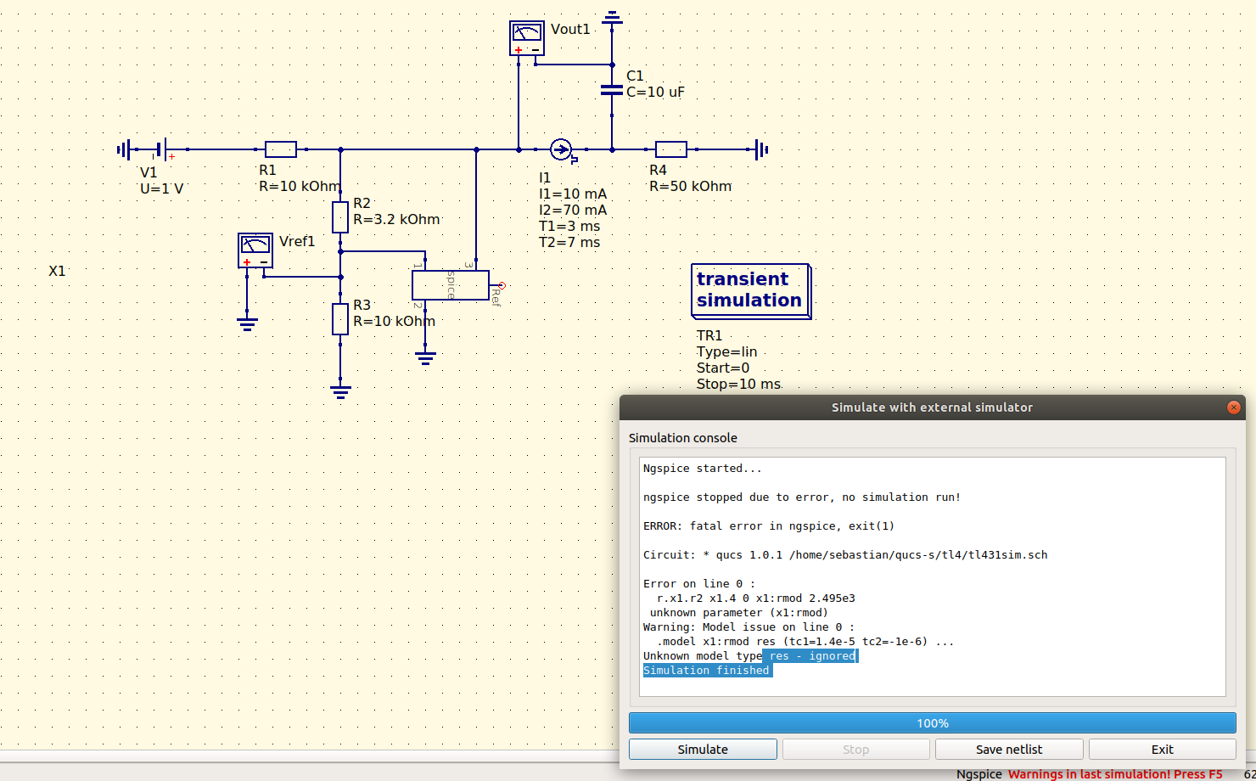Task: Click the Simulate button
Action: click(x=702, y=750)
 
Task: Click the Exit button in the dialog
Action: click(x=1162, y=750)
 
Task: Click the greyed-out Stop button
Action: click(x=855, y=750)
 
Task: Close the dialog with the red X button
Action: click(x=1233, y=407)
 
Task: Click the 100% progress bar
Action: click(x=932, y=723)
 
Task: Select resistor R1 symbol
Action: click(x=281, y=149)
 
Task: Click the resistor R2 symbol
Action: click(x=340, y=217)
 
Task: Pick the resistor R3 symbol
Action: click(x=340, y=318)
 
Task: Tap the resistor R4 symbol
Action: click(x=671, y=149)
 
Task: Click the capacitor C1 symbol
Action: click(x=612, y=89)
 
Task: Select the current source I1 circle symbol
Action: click(x=561, y=149)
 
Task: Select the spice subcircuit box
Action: click(x=450, y=285)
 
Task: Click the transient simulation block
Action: click(x=749, y=290)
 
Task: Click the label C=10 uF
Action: click(x=655, y=92)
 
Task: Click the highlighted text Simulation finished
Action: click(x=707, y=671)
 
